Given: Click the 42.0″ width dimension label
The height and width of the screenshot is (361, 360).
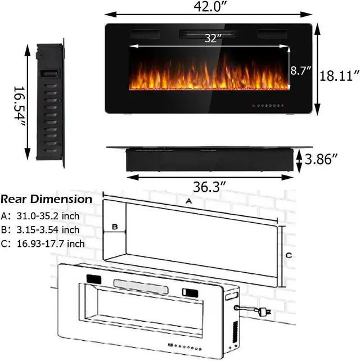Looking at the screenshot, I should click(208, 8).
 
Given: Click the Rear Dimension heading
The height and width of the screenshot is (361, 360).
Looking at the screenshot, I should click(46, 200).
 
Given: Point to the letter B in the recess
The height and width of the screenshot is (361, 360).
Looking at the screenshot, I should click(115, 228).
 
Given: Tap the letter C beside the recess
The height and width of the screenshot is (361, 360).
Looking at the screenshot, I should click(289, 255).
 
